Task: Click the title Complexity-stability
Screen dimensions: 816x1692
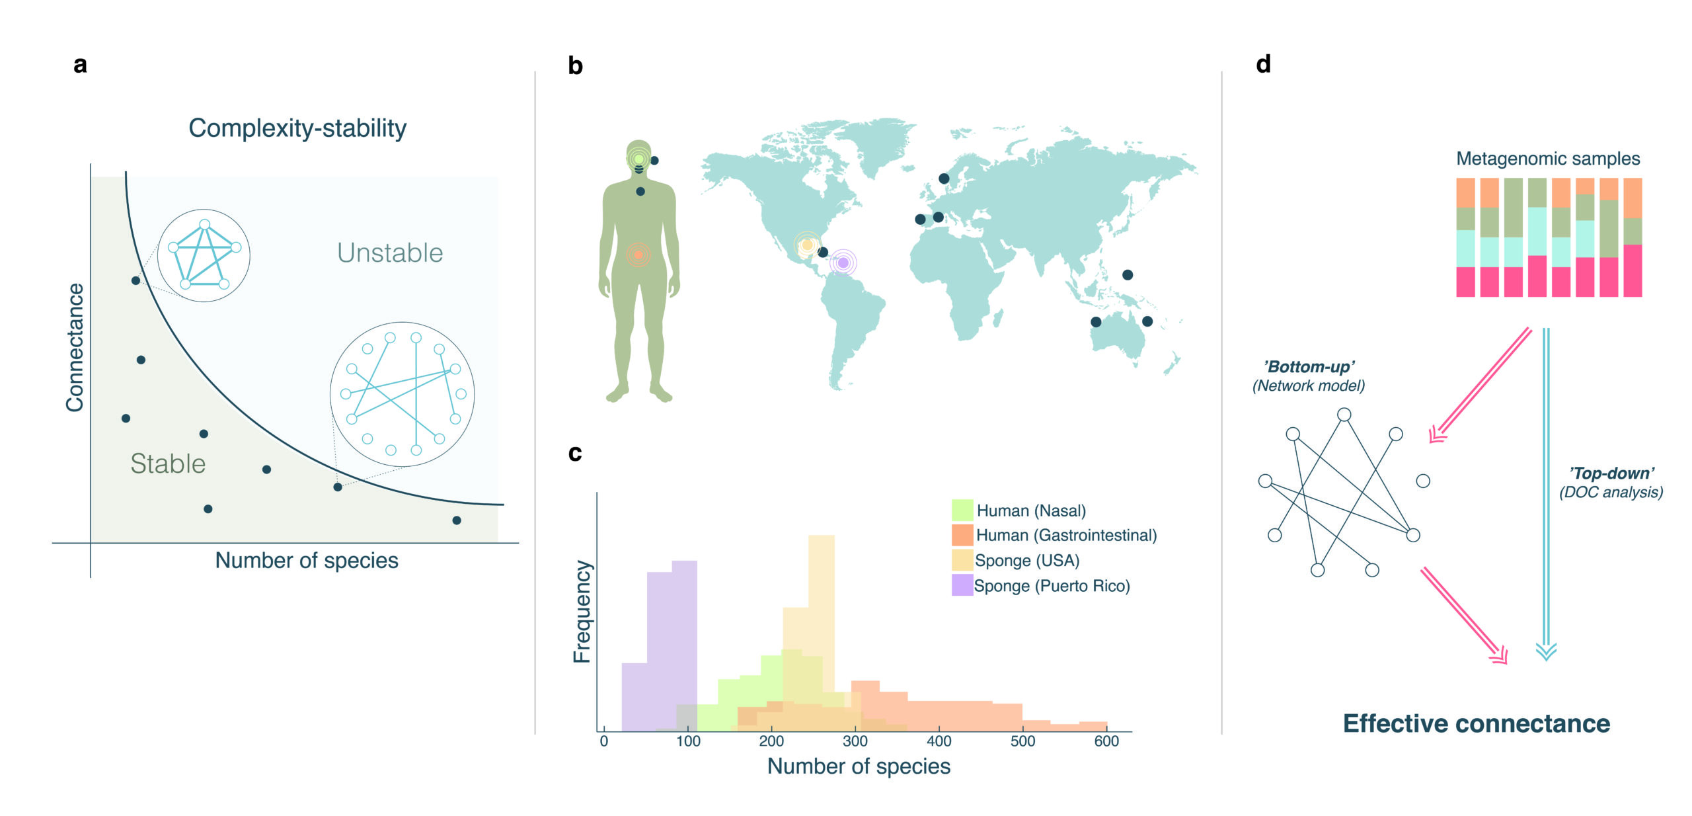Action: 297,128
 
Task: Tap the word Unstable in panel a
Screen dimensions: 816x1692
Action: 390,253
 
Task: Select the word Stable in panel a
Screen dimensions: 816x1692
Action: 168,464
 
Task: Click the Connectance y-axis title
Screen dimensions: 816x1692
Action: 75,347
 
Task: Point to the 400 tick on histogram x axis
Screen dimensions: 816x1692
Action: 939,741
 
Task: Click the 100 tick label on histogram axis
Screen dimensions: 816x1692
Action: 688,741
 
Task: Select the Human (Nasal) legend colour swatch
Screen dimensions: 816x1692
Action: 962,510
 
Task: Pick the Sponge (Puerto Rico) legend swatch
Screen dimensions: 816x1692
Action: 962,585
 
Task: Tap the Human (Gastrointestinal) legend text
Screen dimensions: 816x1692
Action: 1066,535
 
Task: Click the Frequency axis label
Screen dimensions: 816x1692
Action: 582,612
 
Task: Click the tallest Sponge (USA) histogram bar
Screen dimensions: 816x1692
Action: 821,595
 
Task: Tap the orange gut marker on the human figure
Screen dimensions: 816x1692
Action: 638,255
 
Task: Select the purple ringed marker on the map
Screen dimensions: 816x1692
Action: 843,263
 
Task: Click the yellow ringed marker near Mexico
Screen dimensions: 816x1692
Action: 807,245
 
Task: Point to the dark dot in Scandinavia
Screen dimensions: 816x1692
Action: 944,179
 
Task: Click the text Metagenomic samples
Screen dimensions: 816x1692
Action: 1548,159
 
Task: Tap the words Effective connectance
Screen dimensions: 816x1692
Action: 1476,723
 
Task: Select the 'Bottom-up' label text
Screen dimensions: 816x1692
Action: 1309,367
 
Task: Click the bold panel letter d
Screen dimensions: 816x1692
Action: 1263,64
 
